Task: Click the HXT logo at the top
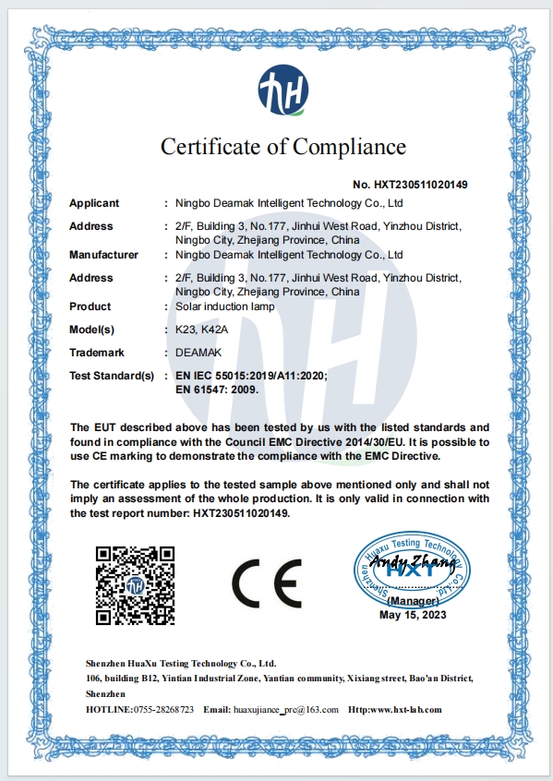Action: point(283,91)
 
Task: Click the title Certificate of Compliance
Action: point(283,146)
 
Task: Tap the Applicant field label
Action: point(95,203)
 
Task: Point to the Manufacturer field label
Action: point(103,255)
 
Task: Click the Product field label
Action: point(90,306)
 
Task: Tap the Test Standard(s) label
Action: point(111,376)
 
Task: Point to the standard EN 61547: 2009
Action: point(216,390)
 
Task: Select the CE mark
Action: point(266,581)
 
